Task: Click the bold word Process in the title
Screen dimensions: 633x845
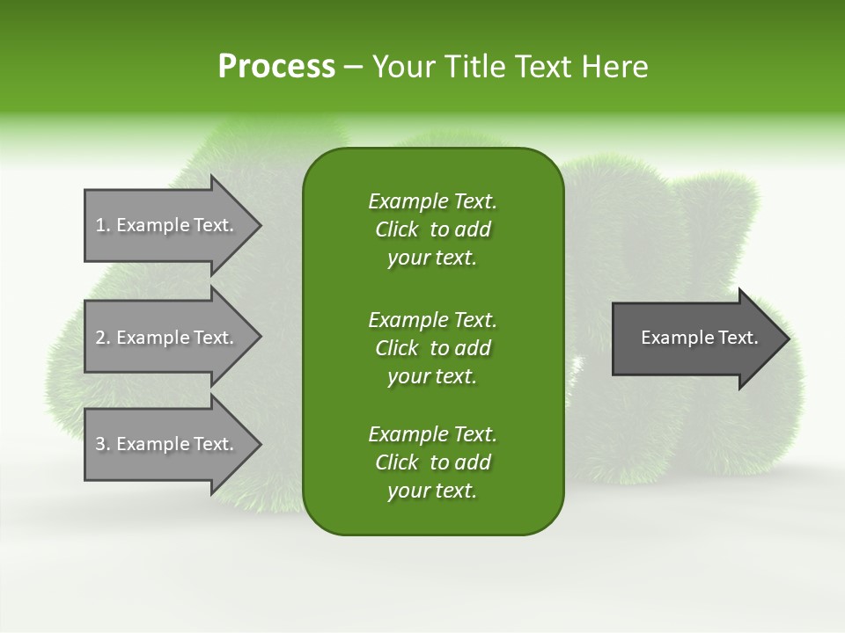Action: (276, 67)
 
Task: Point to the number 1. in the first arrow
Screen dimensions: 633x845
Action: (103, 225)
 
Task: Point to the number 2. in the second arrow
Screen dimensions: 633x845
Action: (103, 338)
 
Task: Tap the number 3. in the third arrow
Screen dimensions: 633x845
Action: (103, 444)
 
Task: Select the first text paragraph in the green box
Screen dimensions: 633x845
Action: (432, 229)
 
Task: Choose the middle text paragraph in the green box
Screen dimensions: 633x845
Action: (432, 348)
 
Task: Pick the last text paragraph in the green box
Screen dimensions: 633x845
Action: (432, 462)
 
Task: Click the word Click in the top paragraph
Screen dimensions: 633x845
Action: (396, 229)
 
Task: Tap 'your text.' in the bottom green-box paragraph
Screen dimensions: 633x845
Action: (432, 491)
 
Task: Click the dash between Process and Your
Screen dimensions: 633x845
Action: (354, 67)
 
